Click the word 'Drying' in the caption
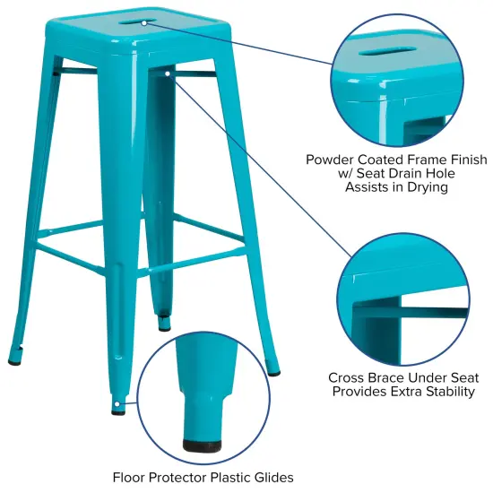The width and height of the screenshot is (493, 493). point(426,188)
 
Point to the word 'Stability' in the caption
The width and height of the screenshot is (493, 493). point(446,392)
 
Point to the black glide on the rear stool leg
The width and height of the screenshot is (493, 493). point(163,316)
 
